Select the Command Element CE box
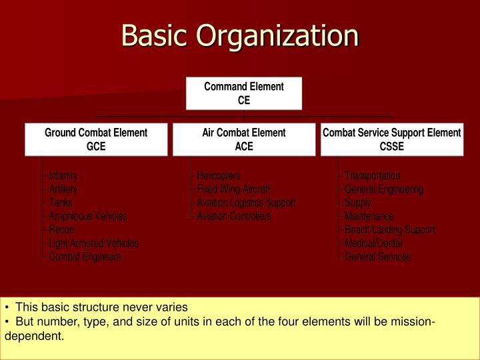click(x=244, y=93)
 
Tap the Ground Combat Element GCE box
click(x=96, y=139)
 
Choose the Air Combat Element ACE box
click(x=244, y=139)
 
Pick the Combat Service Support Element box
click(x=392, y=139)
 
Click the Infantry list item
click(x=63, y=176)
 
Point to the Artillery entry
click(x=63, y=189)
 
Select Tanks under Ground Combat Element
click(x=61, y=203)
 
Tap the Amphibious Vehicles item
click(x=88, y=216)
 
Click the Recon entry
click(x=61, y=229)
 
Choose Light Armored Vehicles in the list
click(x=94, y=243)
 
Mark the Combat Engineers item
click(x=85, y=257)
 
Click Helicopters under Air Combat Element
click(x=219, y=176)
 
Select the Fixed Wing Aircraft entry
click(x=233, y=189)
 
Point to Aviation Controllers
click(x=234, y=216)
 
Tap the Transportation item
click(x=373, y=176)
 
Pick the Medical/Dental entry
click(x=373, y=243)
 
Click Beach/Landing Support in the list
click(x=390, y=229)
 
